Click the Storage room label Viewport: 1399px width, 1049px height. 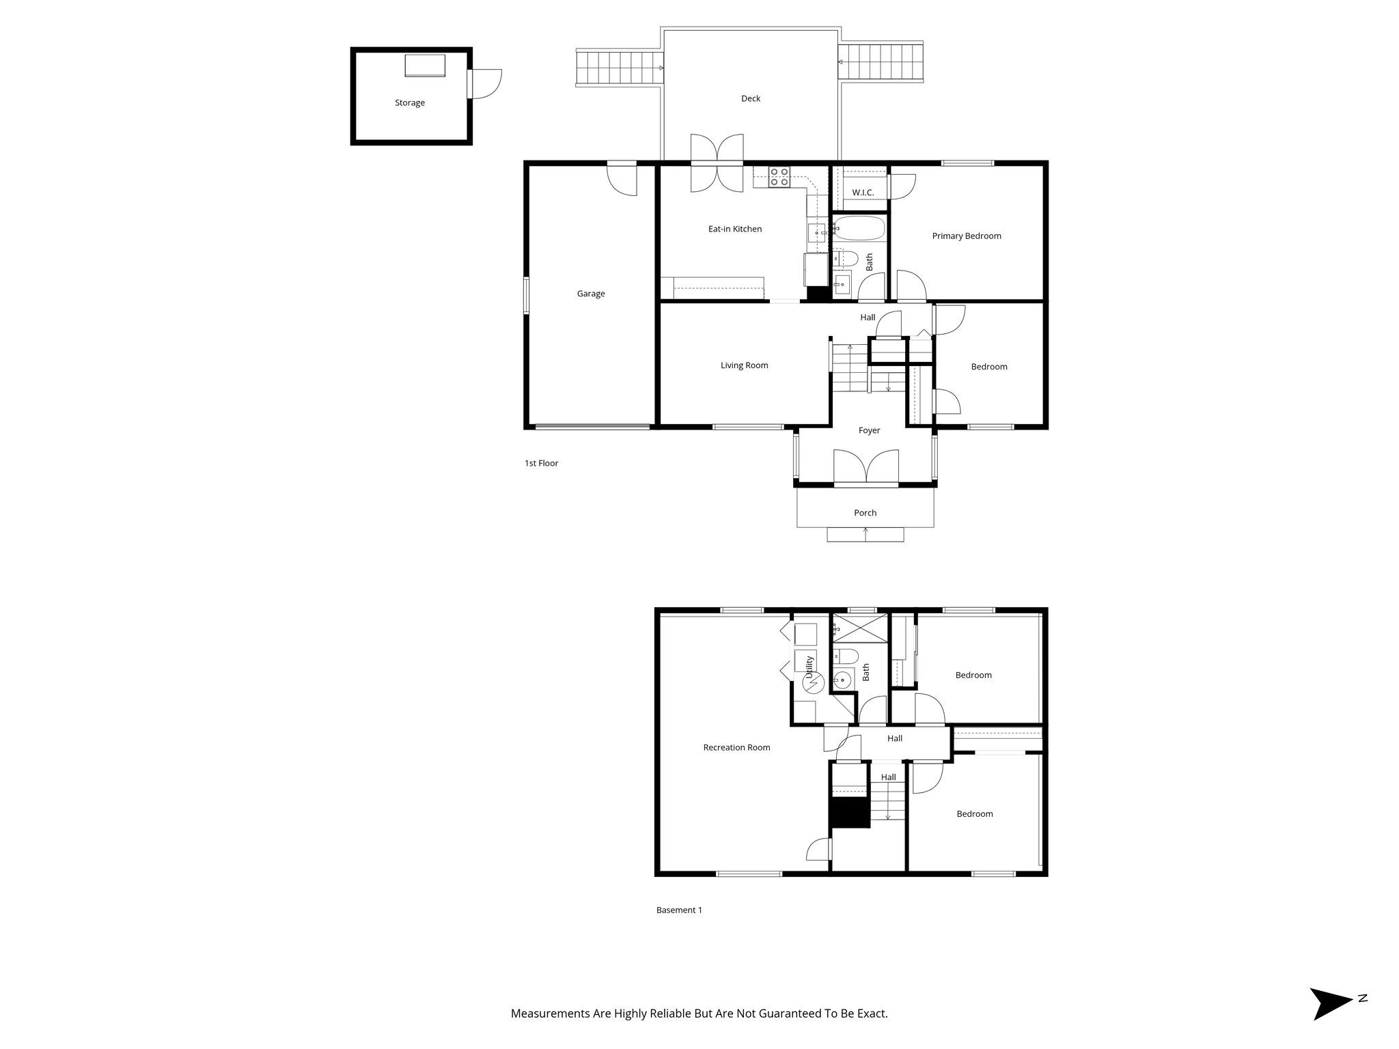[x=410, y=103]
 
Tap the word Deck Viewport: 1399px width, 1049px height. [x=751, y=98]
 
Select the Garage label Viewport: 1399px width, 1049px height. [x=591, y=294]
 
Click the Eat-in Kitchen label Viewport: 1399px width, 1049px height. [x=735, y=229]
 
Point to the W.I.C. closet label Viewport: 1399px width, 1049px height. [x=863, y=193]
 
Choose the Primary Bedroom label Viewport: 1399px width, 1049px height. [x=967, y=236]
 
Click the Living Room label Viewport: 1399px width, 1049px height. [x=744, y=365]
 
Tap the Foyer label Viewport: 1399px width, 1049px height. [x=869, y=430]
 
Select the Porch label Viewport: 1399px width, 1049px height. [x=865, y=513]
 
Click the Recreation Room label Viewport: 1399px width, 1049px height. [x=736, y=747]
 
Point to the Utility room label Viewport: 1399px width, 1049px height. [x=809, y=667]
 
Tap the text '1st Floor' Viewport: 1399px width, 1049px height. [x=541, y=463]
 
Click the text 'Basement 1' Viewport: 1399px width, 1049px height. [x=679, y=910]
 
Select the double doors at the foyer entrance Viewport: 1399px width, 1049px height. [x=866, y=467]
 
